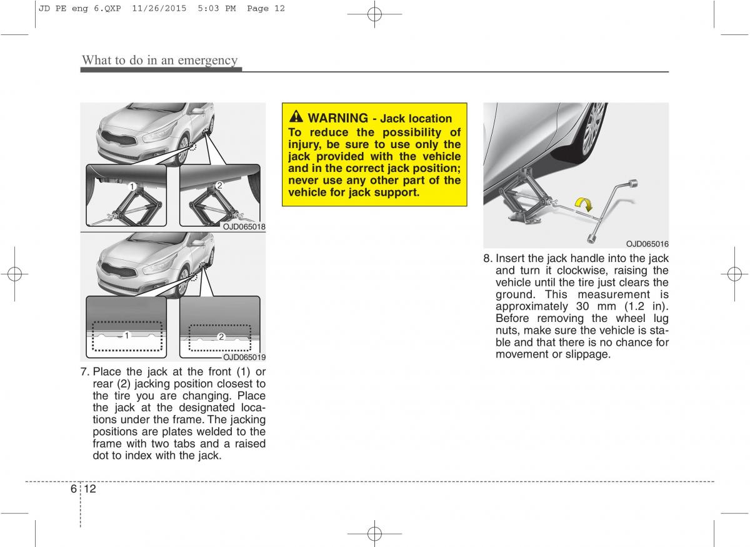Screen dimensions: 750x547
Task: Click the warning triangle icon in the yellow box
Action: tap(296, 116)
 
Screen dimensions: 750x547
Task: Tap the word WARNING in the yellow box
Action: tap(338, 118)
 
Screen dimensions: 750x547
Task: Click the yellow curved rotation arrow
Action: tap(584, 204)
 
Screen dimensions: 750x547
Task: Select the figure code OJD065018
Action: tap(244, 227)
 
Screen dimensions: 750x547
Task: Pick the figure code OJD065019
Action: tap(244, 358)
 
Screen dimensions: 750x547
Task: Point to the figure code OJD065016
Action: tap(647, 244)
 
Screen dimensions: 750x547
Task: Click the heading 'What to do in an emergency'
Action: tap(160, 60)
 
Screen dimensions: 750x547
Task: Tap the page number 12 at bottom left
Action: tap(90, 489)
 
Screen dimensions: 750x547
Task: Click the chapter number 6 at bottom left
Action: tap(74, 489)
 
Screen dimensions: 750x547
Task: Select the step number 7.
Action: tap(85, 371)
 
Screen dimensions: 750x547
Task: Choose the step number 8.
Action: tap(488, 258)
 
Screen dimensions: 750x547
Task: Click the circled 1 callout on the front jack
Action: tap(132, 186)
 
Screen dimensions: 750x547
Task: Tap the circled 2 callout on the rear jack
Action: tap(219, 186)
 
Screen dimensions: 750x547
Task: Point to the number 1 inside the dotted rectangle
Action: tap(127, 336)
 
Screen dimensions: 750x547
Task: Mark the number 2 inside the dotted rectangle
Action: tap(221, 337)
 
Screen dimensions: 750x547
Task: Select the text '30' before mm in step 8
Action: tap(582, 306)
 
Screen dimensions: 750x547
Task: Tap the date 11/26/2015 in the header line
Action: tap(159, 8)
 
